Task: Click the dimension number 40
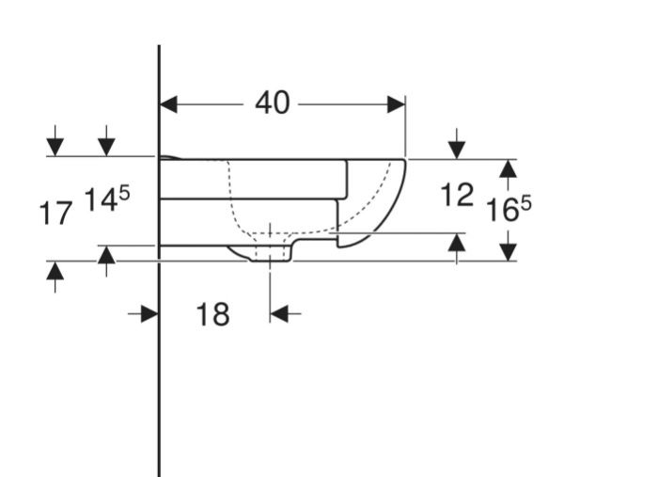pyautogui.click(x=273, y=103)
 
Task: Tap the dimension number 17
pyautogui.click(x=55, y=214)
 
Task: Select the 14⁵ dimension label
pyautogui.click(x=107, y=199)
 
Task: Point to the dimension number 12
pyautogui.click(x=457, y=195)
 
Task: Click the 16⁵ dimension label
pyautogui.click(x=509, y=209)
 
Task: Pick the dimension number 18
pyautogui.click(x=212, y=314)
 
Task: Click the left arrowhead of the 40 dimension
pyautogui.click(x=168, y=104)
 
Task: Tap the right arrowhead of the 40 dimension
pyautogui.click(x=396, y=104)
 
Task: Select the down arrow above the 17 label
pyautogui.click(x=55, y=140)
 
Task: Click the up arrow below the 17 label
pyautogui.click(x=55, y=277)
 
